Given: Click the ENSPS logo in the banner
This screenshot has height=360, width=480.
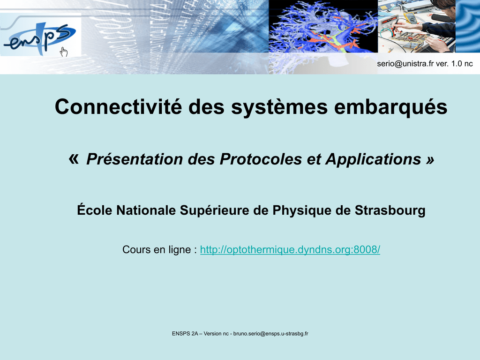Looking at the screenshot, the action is click(x=40, y=38).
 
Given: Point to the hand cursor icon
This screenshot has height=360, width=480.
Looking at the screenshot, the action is click(x=64, y=52).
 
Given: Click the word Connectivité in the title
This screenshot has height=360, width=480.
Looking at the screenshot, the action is click(x=118, y=107).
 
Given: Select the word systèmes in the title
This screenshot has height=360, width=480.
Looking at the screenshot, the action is click(x=279, y=108).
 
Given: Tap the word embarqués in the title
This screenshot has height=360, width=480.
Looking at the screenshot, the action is click(x=390, y=108).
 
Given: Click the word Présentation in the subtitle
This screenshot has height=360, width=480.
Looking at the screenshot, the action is click(x=135, y=159).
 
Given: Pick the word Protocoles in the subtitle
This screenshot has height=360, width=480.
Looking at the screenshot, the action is click(x=261, y=159).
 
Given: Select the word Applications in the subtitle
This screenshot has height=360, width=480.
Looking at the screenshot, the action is click(x=373, y=160).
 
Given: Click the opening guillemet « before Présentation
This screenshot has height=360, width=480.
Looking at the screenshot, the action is click(x=74, y=159).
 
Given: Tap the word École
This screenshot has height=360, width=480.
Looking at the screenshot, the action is click(x=95, y=210).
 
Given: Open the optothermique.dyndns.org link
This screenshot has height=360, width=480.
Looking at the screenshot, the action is click(x=290, y=250).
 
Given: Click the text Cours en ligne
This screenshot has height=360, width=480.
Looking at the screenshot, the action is click(x=157, y=250).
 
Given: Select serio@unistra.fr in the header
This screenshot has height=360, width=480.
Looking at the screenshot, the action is click(x=405, y=64).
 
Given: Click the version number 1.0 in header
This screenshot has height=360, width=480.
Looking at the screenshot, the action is click(x=454, y=64).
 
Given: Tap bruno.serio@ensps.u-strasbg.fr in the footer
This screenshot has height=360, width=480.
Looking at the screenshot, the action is click(x=270, y=334).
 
